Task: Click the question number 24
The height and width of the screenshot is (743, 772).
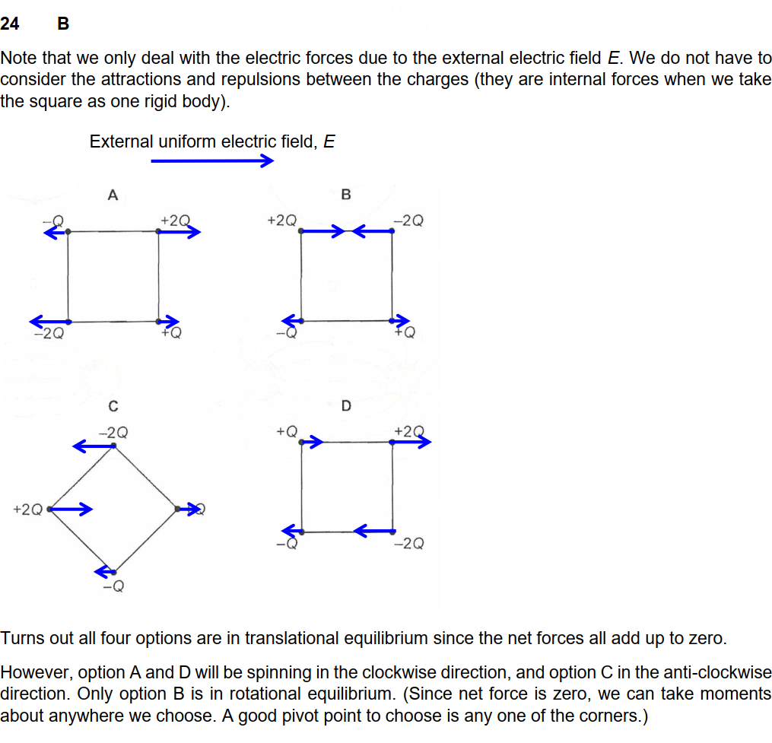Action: (x=10, y=24)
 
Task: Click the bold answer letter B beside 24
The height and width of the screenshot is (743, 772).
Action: (x=63, y=24)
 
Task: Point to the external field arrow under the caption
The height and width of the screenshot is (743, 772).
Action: (x=211, y=160)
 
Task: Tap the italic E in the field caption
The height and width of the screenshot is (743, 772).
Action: (x=329, y=141)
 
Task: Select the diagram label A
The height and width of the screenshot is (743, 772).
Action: (x=113, y=195)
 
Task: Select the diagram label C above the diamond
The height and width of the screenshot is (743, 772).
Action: (x=113, y=406)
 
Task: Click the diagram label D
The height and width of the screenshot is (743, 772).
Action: (x=346, y=406)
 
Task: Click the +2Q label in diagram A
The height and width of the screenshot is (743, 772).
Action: (x=175, y=221)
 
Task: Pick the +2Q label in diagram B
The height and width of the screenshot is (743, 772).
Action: (x=282, y=221)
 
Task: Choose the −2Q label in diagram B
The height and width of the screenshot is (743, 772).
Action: (x=409, y=221)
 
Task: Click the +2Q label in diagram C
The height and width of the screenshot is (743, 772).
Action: (x=27, y=509)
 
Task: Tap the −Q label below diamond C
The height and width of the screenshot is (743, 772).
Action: (x=113, y=586)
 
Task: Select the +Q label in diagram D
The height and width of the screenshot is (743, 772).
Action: (x=286, y=431)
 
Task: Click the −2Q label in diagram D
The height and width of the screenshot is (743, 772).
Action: (x=409, y=543)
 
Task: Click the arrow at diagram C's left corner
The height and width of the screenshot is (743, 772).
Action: (x=71, y=509)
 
